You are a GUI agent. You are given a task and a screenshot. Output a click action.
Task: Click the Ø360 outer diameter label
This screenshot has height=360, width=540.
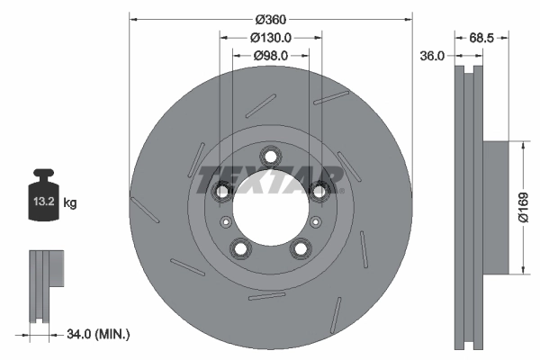click(270, 20)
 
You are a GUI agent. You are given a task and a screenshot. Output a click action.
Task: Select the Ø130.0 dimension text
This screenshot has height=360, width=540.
click(270, 38)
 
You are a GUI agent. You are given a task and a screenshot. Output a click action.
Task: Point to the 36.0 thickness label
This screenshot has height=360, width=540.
click(434, 55)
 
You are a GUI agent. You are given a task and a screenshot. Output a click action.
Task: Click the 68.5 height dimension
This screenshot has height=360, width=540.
click(483, 38)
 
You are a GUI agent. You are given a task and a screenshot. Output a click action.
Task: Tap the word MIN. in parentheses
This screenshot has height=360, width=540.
click(115, 335)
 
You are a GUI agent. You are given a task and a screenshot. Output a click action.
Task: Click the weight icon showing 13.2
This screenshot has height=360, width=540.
click(42, 199)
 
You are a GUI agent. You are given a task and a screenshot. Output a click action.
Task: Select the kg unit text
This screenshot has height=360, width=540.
click(70, 203)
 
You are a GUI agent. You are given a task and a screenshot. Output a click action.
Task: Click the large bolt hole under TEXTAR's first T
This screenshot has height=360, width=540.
click(221, 190)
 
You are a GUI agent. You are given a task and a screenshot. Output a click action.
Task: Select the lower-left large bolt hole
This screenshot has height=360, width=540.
click(240, 248)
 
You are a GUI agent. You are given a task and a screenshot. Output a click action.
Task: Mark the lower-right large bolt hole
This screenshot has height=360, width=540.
click(300, 248)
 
